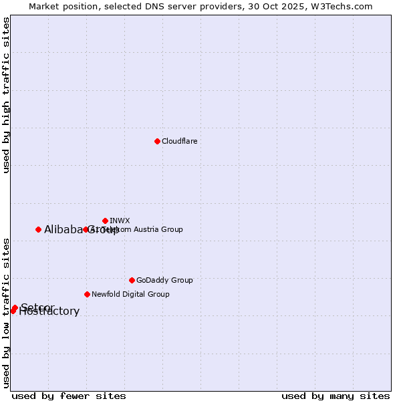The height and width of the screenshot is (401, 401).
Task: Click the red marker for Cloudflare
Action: tap(157, 141)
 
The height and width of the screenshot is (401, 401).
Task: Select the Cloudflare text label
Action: tap(179, 141)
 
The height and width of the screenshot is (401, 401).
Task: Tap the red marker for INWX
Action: tap(105, 221)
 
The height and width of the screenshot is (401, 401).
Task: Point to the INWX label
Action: tap(120, 221)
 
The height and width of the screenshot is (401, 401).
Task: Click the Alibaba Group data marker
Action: tap(38, 229)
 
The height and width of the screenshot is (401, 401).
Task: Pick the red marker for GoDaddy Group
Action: tap(132, 280)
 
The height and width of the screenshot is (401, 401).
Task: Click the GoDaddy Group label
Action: tap(164, 280)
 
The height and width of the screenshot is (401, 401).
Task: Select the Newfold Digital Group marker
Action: tap(87, 294)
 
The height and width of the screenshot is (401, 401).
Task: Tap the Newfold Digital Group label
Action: tap(130, 294)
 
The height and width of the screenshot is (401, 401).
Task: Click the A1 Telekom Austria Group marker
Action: tap(86, 229)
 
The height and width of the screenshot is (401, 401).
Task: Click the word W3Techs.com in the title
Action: tap(345, 7)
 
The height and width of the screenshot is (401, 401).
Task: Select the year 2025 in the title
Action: tap(299, 7)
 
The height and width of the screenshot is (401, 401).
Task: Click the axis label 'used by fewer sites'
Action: tap(69, 396)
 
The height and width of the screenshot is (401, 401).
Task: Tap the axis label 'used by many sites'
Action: tap(336, 396)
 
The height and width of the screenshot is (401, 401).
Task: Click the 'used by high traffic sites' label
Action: tap(6, 95)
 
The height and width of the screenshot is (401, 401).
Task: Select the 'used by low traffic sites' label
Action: tap(6, 312)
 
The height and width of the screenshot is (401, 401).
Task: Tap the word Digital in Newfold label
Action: tap(134, 294)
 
